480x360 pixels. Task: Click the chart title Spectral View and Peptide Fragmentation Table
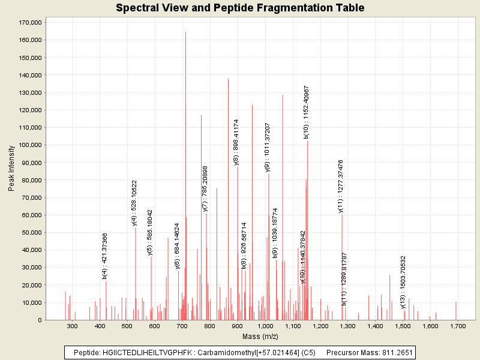(x=240, y=8)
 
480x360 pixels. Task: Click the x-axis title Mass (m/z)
(x=260, y=337)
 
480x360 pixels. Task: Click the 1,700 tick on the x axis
(x=458, y=326)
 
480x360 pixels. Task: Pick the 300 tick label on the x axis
(x=72, y=326)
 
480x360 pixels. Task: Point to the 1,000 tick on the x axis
(x=265, y=326)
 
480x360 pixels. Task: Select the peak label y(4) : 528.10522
(x=135, y=203)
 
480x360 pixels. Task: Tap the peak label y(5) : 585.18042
(x=150, y=232)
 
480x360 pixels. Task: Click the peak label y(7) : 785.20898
(x=205, y=189)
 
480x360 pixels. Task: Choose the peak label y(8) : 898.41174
(x=236, y=142)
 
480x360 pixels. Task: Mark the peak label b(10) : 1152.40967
(x=307, y=112)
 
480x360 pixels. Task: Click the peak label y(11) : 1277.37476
(x=341, y=186)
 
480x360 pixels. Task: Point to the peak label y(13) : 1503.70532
(x=403, y=282)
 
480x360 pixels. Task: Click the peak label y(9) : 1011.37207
(x=268, y=148)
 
